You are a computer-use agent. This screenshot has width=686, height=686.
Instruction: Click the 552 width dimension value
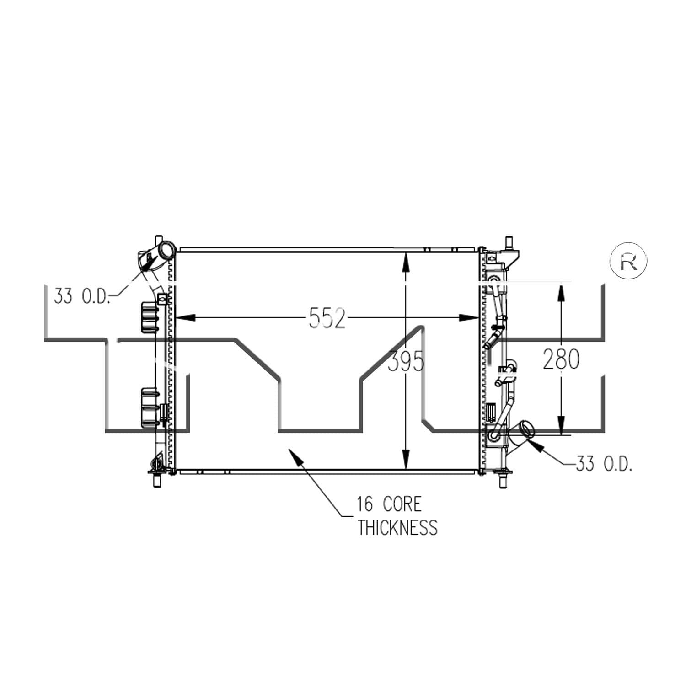click(x=327, y=318)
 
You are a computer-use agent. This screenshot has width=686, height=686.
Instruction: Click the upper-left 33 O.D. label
click(x=82, y=296)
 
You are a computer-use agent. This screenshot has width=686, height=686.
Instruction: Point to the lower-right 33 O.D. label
click(x=605, y=464)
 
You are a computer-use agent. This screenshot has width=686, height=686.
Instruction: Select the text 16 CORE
click(x=389, y=504)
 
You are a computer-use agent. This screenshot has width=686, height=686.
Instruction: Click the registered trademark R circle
click(x=629, y=261)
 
